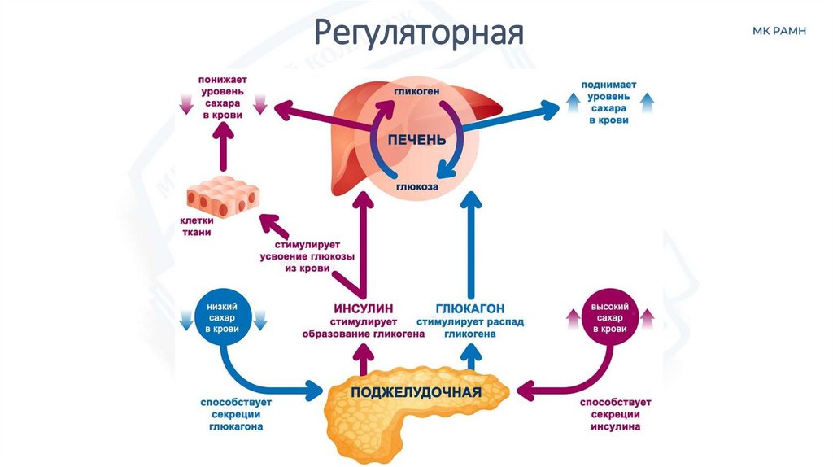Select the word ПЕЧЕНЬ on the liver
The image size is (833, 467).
click(416, 139)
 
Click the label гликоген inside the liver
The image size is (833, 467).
click(417, 93)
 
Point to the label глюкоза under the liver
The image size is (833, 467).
click(418, 187)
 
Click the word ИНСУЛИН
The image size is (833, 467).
click(363, 309)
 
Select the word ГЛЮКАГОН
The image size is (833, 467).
click(470, 309)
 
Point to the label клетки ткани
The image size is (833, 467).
click(196, 226)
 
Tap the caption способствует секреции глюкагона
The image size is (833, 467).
click(236, 414)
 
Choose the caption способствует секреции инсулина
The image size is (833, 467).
click(609, 414)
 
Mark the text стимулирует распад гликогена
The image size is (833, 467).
click(470, 328)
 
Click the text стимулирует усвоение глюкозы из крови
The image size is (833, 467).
click(296, 256)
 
